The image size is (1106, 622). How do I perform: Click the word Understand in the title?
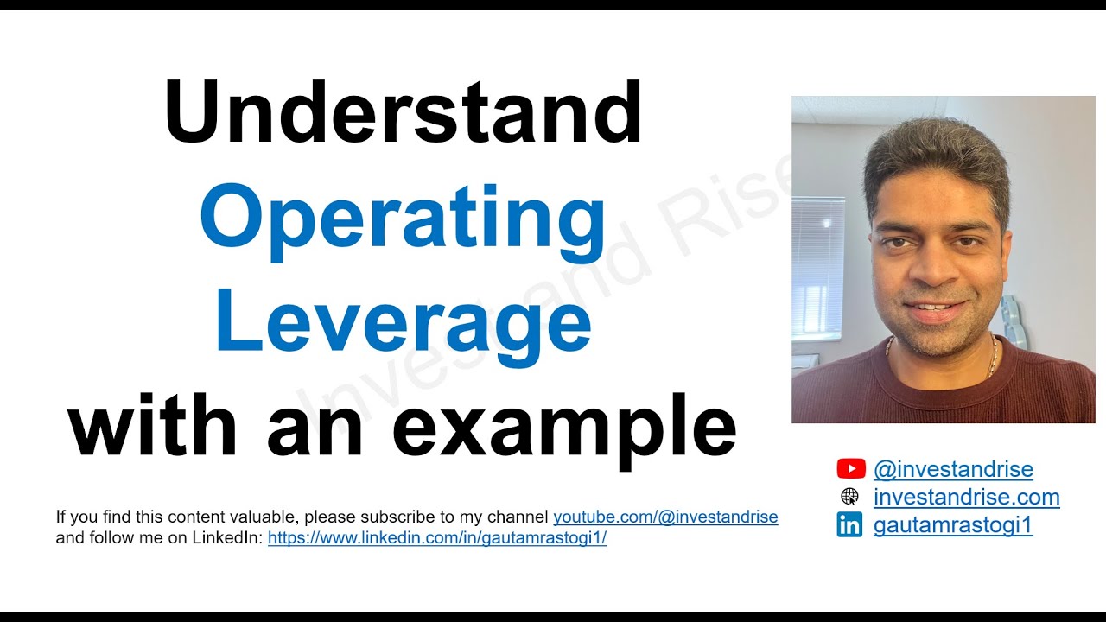403,113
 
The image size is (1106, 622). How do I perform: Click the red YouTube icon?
850,469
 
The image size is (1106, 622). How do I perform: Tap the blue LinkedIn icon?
849,525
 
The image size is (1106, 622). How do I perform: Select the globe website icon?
849,497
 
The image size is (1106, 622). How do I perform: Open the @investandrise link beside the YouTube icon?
953,469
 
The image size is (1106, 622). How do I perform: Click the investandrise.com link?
966,497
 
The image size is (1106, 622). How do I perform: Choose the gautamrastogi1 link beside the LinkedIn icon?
953,525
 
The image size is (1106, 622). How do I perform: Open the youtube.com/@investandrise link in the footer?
665,517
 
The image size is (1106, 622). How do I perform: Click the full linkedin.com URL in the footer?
437,538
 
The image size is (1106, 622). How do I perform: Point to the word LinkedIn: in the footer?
233,538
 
